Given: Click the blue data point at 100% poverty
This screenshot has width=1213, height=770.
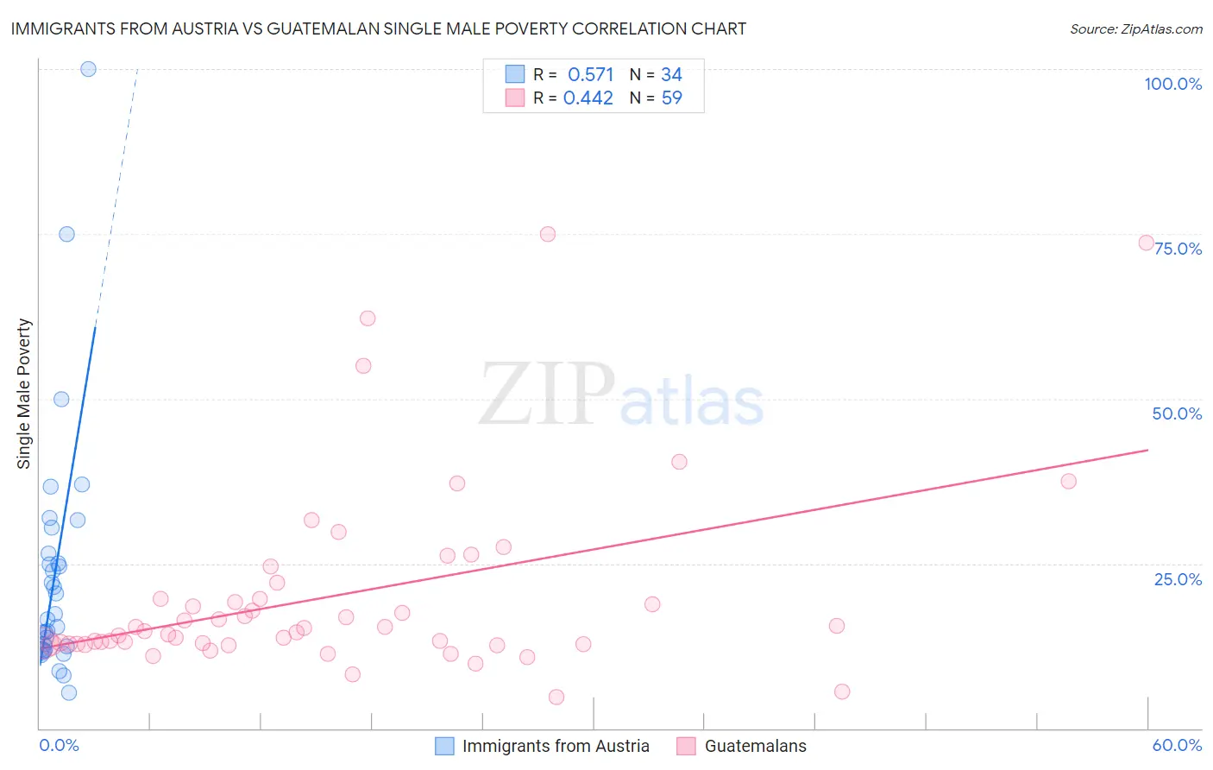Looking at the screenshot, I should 88,69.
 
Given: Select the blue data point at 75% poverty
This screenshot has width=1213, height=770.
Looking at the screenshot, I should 66,234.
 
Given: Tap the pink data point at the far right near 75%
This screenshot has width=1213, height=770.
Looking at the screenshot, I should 1146,243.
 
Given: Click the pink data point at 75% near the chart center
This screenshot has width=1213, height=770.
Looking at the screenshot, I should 547,234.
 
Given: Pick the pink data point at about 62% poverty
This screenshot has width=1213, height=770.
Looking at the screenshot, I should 368,318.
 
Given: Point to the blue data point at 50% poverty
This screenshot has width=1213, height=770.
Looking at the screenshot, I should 61,399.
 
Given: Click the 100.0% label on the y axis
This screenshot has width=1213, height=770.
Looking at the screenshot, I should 1172,84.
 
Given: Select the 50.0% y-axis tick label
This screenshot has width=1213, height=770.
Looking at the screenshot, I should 1177,413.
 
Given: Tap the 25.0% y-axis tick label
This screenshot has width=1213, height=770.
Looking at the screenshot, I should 1178,578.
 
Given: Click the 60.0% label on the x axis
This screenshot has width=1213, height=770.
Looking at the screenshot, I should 1177,745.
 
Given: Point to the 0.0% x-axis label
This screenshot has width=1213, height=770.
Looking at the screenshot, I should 59,745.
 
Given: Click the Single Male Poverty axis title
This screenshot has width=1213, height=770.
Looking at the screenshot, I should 24,394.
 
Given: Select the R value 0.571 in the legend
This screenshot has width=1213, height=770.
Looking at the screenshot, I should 590,75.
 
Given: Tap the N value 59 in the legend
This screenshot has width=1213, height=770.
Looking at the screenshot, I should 671,98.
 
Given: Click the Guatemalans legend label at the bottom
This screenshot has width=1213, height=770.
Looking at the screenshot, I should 755,746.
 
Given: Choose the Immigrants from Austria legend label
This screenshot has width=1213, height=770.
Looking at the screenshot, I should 556,746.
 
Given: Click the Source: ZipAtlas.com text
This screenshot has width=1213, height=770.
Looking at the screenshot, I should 1135,29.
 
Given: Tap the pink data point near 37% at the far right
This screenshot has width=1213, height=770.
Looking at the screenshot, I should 1068,481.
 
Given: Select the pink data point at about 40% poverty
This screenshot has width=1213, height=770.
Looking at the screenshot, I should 679,462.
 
